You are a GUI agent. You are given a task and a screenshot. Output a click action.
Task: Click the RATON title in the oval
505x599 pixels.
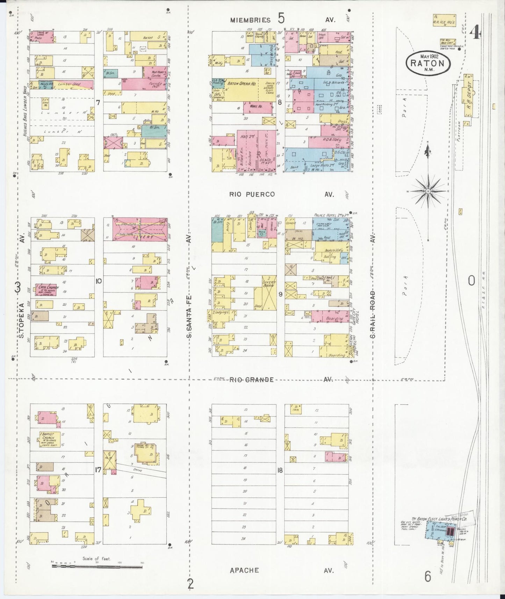427,64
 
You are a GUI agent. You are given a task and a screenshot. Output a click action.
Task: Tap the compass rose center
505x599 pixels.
428,192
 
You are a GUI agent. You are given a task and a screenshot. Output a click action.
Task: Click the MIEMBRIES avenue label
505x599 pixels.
250,20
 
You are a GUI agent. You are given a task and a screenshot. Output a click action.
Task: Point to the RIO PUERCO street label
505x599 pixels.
252,194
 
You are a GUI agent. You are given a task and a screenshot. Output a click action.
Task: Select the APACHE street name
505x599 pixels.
244,571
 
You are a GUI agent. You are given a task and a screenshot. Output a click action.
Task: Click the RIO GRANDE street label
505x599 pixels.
251,380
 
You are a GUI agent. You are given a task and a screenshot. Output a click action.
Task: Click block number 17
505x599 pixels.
98,470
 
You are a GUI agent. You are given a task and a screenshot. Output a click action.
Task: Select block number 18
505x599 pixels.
280,470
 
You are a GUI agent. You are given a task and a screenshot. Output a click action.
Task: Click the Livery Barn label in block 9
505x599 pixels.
269,285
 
